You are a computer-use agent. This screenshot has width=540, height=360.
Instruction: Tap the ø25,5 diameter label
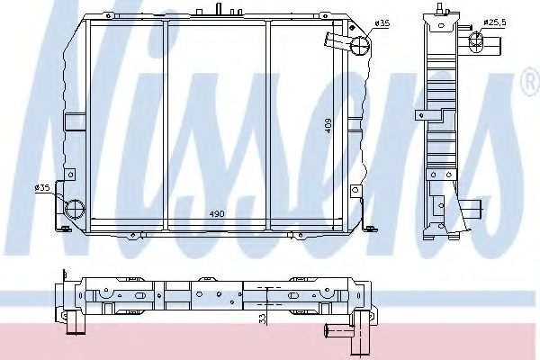tap(494, 22)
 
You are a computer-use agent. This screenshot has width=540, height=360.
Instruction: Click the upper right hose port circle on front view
tap(360, 47)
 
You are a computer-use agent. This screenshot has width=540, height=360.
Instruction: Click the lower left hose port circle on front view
tap(73, 209)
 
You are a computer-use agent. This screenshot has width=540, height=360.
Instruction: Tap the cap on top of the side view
tap(443, 7)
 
